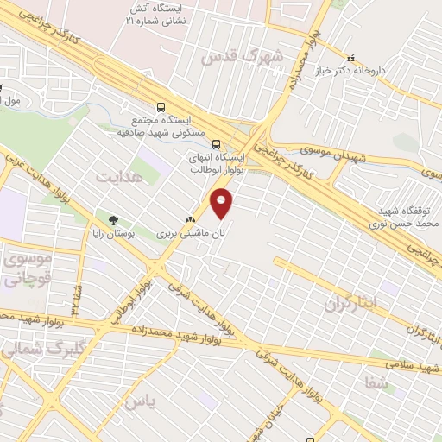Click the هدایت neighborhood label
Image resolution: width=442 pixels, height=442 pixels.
[117, 177]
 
